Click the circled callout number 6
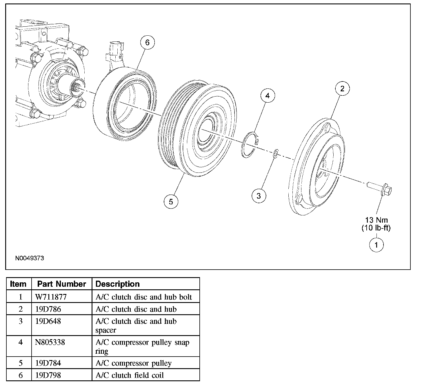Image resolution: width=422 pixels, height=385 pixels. pyautogui.click(x=148, y=43)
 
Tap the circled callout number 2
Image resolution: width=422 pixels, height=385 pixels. pyautogui.click(x=342, y=88)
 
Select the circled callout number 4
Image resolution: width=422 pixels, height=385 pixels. pyautogui.click(x=268, y=96)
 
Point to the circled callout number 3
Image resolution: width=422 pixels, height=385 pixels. pyautogui.click(x=259, y=196)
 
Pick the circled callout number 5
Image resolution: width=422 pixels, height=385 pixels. pyautogui.click(x=171, y=202)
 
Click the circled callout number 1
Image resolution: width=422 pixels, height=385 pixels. pyautogui.click(x=376, y=245)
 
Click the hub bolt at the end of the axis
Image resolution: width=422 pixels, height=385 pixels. pyautogui.click(x=379, y=189)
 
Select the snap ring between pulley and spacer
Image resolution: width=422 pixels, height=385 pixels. pyautogui.click(x=250, y=145)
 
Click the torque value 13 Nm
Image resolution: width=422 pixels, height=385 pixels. pyautogui.click(x=376, y=220)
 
